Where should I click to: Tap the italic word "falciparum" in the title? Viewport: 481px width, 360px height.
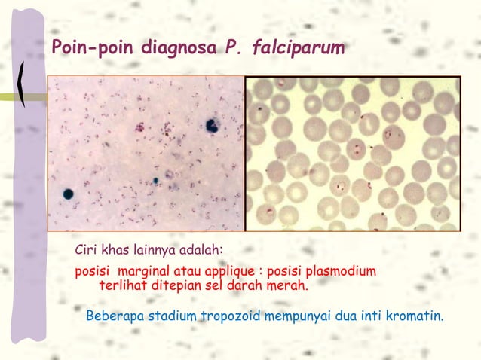click(x=301, y=49)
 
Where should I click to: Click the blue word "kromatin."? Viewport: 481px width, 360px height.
click(x=414, y=314)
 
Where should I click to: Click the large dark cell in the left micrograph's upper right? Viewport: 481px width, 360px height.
click(x=212, y=126)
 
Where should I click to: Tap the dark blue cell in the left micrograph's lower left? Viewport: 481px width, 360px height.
click(x=69, y=194)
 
